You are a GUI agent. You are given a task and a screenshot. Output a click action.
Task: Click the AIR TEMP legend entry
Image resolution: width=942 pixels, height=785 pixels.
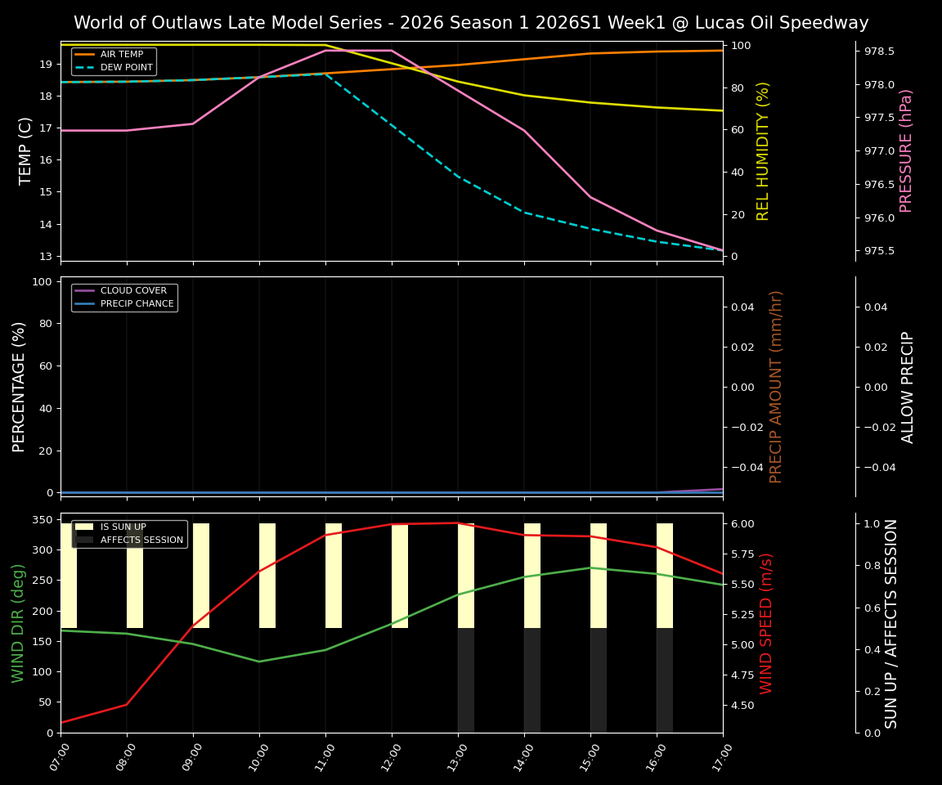[x=121, y=55]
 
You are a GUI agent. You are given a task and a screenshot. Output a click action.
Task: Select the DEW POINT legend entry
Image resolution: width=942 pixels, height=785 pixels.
[x=126, y=67]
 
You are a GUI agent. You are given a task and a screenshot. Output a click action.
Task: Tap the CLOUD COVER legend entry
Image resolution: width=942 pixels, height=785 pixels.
[x=133, y=291]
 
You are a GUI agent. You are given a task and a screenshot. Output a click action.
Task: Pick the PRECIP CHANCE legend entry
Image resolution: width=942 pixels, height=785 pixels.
[x=137, y=304]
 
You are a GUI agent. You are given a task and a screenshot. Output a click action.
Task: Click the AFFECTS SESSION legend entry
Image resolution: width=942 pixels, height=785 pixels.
[x=141, y=540]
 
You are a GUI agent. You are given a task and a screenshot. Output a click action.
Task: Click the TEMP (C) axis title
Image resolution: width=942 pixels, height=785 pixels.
[x=26, y=150]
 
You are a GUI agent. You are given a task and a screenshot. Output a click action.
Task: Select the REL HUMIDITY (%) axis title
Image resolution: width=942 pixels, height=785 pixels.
[x=763, y=150]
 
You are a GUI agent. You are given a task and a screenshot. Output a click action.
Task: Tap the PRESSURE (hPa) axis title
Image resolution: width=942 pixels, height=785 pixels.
[x=906, y=150]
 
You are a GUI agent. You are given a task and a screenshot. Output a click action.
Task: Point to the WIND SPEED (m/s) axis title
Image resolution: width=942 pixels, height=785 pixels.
[x=766, y=623]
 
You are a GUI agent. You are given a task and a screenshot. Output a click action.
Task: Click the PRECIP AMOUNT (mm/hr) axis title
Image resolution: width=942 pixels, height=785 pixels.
[x=776, y=386]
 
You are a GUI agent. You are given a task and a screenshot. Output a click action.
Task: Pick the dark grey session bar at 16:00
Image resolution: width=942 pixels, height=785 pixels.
[x=665, y=680]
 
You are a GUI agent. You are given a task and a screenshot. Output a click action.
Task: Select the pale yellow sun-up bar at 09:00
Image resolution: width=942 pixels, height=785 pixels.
[x=201, y=576]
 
